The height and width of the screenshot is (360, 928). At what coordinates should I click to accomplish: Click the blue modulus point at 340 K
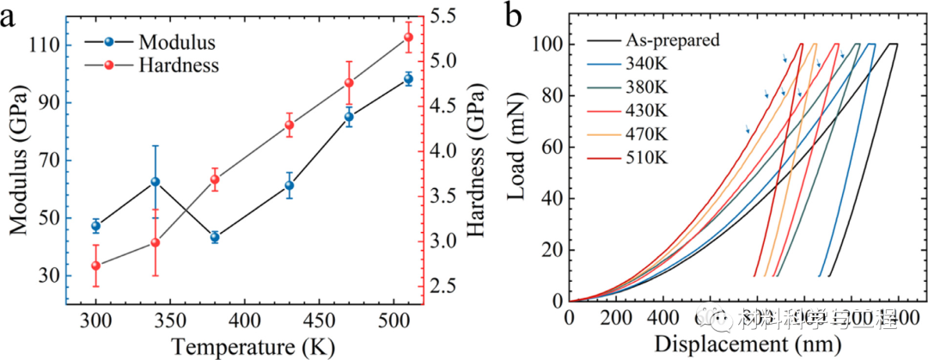tap(156, 181)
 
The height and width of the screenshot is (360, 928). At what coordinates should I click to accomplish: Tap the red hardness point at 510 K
tap(408, 37)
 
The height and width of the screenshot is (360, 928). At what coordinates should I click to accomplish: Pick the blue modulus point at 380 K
tap(215, 237)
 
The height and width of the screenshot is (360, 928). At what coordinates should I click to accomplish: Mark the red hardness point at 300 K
tap(96, 265)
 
